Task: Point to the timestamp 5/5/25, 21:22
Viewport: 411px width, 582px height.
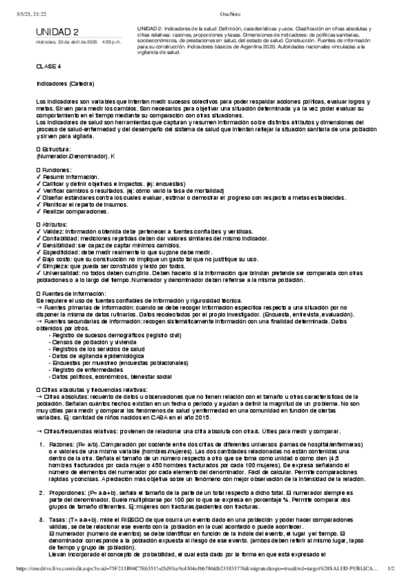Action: pyautogui.click(x=22, y=5)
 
